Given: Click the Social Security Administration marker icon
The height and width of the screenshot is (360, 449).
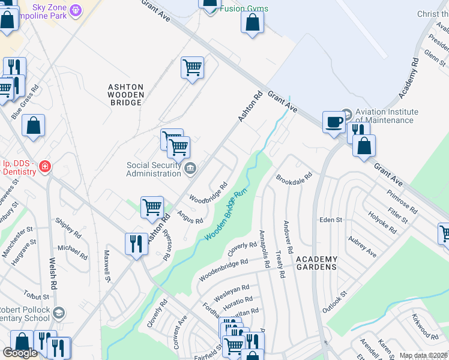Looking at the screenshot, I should [x=190, y=168].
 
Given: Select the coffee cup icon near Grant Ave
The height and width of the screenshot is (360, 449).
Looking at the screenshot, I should [x=334, y=122].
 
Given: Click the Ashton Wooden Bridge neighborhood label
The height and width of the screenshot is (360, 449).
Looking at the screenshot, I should [x=125, y=95].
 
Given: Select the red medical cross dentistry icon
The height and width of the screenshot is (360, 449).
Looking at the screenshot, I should [x=44, y=167].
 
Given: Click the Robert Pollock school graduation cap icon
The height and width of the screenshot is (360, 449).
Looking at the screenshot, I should [x=58, y=312].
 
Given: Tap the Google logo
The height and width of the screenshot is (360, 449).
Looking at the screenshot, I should [x=20, y=353].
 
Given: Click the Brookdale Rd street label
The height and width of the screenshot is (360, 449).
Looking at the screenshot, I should [x=295, y=178].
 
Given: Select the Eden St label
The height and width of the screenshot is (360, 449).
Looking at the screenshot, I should [x=330, y=220].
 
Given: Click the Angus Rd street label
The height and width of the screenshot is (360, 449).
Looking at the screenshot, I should [x=190, y=217].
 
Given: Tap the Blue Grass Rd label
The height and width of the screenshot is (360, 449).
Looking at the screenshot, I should [x=28, y=96].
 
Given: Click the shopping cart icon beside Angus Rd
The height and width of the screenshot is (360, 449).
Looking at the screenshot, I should [x=152, y=207].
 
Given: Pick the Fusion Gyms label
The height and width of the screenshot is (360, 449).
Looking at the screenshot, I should [x=244, y=9].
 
